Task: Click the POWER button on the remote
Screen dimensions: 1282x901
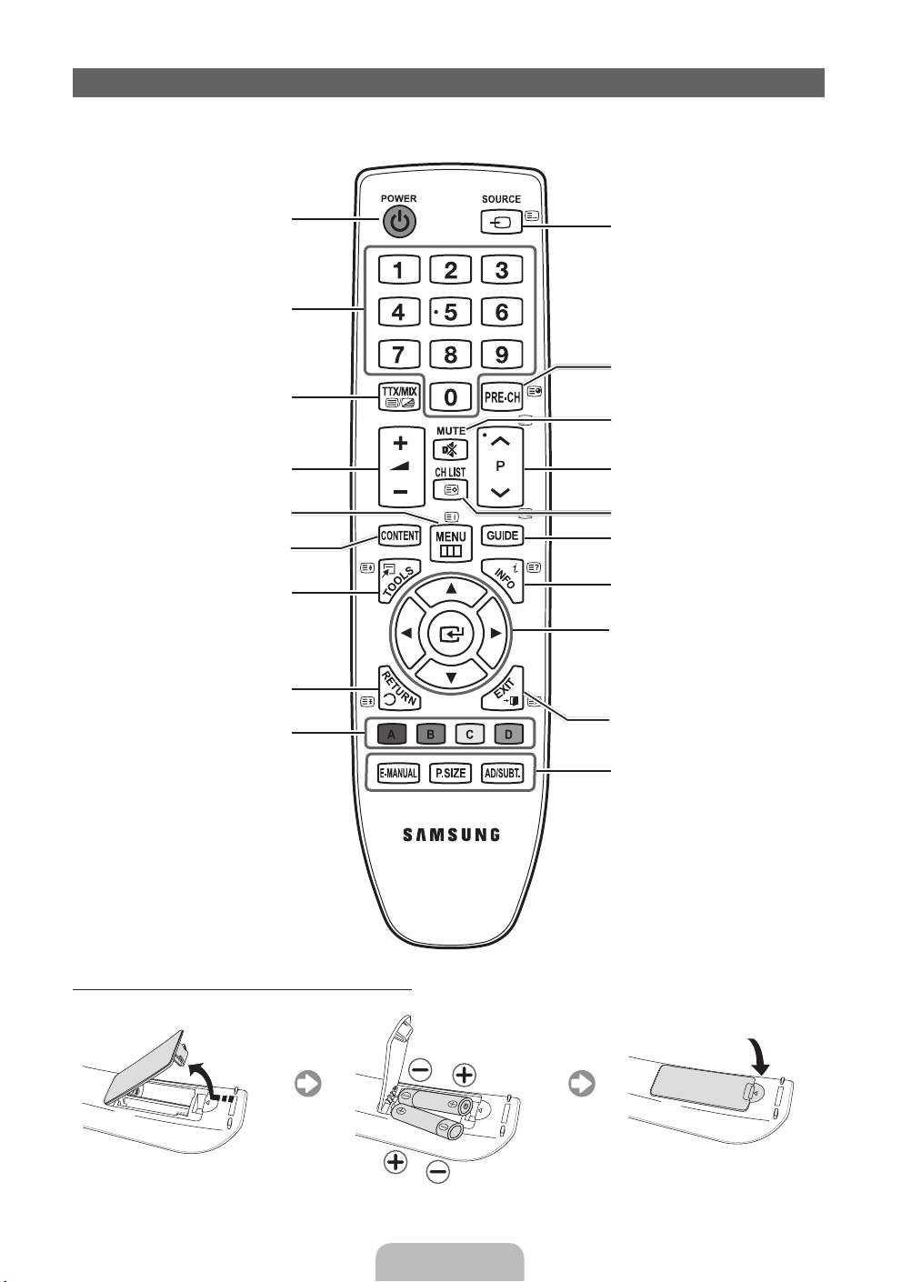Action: (399, 220)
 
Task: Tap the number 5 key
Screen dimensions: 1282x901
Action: (450, 312)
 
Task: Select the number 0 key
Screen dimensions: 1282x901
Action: (450, 396)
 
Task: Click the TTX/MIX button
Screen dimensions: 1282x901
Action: (399, 396)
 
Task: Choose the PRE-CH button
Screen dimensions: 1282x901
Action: (502, 396)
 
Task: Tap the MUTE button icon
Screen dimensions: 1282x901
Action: (450, 449)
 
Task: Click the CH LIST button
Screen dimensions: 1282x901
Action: (450, 489)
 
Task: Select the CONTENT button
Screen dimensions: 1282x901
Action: (399, 536)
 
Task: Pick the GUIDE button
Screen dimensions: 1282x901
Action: (502, 536)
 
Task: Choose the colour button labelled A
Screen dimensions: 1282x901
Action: (391, 734)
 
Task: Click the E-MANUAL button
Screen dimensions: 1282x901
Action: (398, 774)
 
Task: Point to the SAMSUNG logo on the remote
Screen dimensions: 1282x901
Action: (451, 834)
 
